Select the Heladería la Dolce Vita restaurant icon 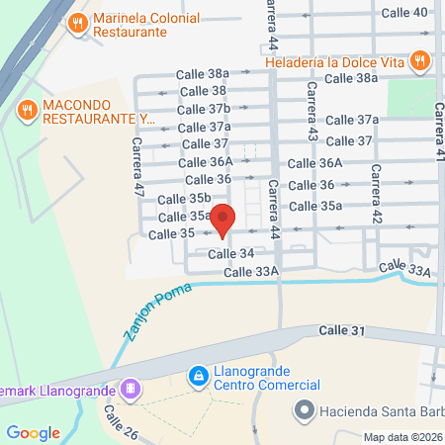(421, 60)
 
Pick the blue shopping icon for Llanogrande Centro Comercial (198, 376)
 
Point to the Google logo (33, 432)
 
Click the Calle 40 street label (406, 12)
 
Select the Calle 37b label (204, 109)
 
